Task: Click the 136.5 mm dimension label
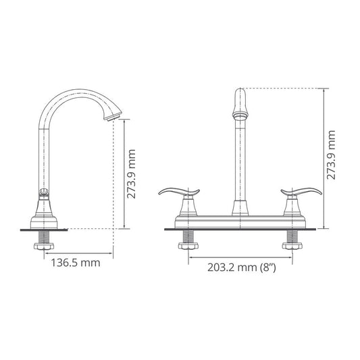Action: click(75, 263)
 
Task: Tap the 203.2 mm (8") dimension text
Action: click(242, 267)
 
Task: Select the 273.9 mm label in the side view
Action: click(131, 174)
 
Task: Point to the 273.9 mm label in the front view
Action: click(331, 155)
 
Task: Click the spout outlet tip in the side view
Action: click(113, 118)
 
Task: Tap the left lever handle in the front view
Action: click(179, 192)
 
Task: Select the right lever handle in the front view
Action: click(301, 192)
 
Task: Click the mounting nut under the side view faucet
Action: click(44, 247)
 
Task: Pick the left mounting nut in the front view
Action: click(188, 246)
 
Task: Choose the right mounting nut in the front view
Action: click(292, 246)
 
